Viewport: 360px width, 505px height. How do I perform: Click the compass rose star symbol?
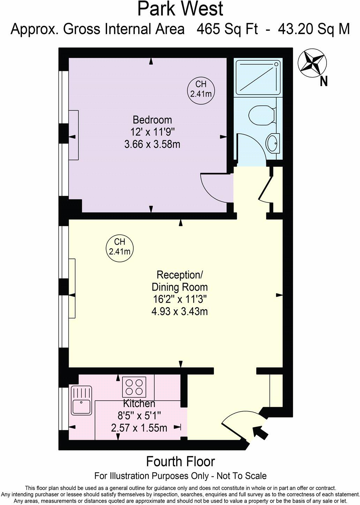312,63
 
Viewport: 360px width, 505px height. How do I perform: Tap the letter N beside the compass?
324,82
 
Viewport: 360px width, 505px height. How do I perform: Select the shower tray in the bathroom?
258,77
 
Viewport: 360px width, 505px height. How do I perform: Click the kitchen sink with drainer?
81,400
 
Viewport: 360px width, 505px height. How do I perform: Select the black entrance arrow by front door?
260,432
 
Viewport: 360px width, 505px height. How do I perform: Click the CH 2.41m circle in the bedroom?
201,89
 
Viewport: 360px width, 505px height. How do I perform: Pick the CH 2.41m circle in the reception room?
120,247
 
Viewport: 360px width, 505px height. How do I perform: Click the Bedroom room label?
152,120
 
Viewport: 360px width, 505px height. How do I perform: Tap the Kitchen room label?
139,404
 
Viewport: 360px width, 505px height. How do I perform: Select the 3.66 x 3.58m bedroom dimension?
152,144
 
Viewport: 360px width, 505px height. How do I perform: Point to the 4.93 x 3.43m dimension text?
180,311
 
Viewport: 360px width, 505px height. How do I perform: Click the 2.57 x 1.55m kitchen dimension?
139,428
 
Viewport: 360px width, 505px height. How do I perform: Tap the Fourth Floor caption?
180,461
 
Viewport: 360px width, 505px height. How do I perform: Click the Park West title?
180,9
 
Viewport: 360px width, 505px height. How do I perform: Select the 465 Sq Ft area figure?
227,29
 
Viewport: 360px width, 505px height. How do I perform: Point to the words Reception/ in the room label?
180,275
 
